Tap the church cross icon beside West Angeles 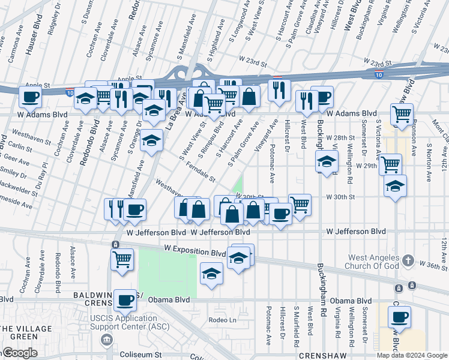coord(408,260)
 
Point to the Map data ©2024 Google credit coord(412,355)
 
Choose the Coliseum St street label coord(141,355)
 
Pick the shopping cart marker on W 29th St coord(391,163)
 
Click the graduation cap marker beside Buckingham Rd coord(327,161)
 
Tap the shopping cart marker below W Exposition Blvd coord(122,259)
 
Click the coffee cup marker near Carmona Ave coord(30,96)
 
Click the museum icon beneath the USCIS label coord(106,340)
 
